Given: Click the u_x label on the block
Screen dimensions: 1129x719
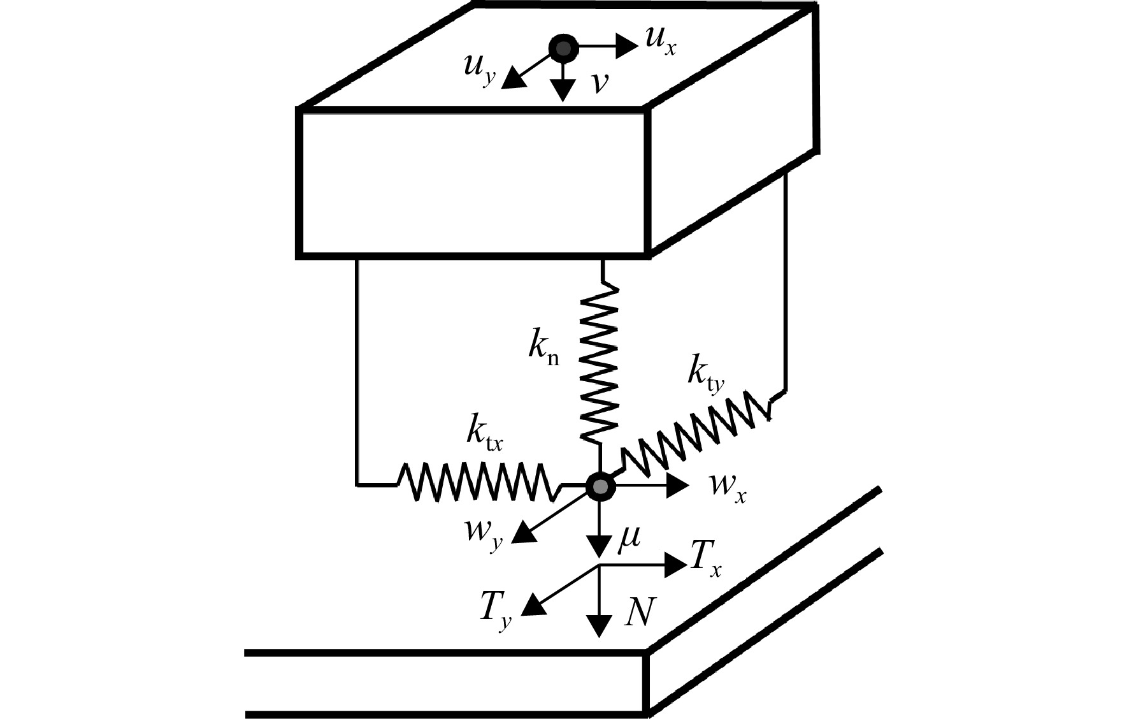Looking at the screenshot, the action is click(660, 41).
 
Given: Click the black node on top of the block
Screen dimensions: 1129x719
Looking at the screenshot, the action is click(563, 48).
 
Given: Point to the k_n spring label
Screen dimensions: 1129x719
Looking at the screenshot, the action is click(543, 348).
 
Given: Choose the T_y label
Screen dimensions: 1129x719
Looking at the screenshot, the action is click(496, 610).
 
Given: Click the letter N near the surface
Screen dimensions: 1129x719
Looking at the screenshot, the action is click(638, 613).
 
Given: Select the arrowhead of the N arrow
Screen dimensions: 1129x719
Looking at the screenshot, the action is click(599, 627).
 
